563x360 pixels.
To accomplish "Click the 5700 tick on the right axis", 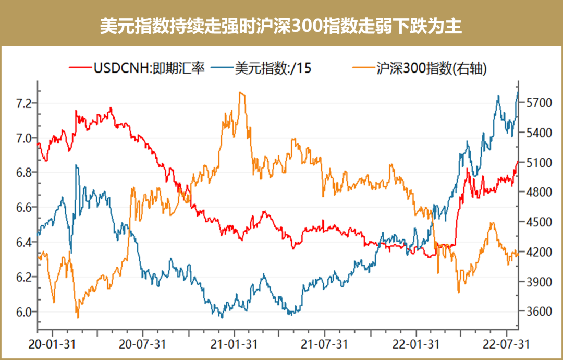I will pos(535,103).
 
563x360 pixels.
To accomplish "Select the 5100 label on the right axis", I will pos(535,163).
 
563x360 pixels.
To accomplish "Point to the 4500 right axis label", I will pos(535,222).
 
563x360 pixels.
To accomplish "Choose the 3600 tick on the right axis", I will pos(535,311).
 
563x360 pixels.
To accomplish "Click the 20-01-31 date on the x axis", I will pos(52,345).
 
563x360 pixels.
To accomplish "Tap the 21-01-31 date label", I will pos(235,345).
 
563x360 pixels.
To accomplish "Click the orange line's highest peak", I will pos(240,93).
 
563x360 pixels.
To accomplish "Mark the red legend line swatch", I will pos(80,68).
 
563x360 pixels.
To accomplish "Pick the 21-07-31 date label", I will pos(325,345).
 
